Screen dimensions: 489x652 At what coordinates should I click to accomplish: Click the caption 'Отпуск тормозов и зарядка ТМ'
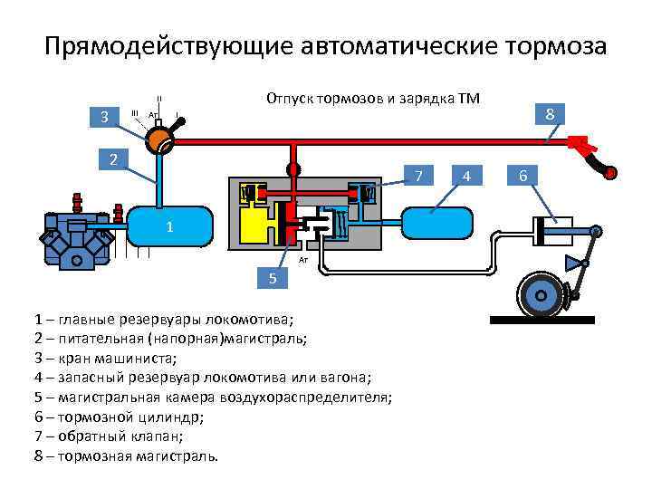coord(372,98)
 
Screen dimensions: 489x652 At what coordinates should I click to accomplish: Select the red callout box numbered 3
coord(105,117)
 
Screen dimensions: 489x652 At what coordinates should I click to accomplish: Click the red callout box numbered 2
coord(113,160)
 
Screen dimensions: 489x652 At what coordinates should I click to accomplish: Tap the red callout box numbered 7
coord(418,174)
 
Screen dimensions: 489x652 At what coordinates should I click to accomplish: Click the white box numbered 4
coord(465,175)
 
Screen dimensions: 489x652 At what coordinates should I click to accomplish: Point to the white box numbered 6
coord(522,175)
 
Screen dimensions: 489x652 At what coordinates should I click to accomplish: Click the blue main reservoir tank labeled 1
coord(169,225)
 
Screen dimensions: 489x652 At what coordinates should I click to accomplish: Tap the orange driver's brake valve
coord(159,138)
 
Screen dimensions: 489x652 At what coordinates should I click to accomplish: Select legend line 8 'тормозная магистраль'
coord(126,455)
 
